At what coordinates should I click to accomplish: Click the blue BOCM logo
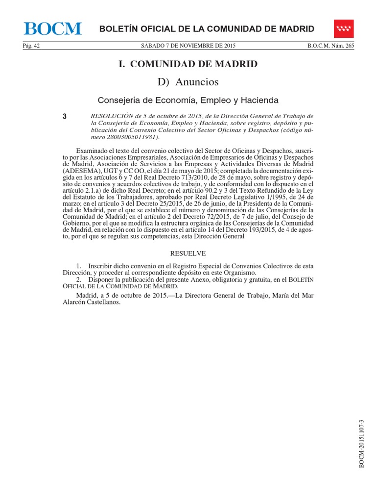[x=53, y=29]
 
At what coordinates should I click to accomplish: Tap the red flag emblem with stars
[x=345, y=28]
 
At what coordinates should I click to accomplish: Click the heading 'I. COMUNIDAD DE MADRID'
[x=188, y=64]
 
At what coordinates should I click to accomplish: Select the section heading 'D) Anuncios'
[x=188, y=81]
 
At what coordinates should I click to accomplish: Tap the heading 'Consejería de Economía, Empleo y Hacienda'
[x=188, y=100]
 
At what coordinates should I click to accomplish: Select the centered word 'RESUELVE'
[x=188, y=253]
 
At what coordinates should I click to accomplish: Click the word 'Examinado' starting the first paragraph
[x=91, y=150]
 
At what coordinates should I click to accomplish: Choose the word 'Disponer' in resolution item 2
[x=103, y=279]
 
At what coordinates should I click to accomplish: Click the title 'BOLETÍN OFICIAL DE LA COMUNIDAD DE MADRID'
[x=207, y=29]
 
